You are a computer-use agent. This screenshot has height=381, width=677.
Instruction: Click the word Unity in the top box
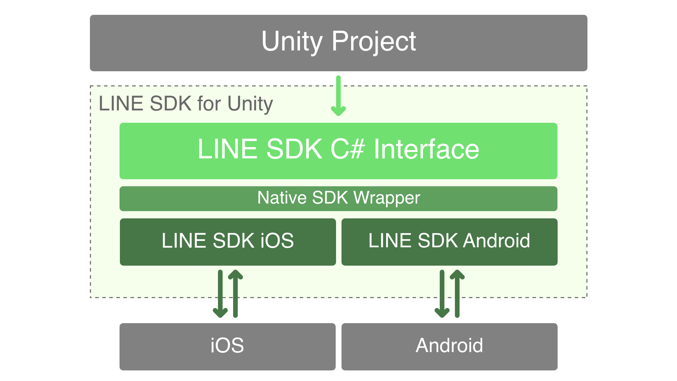coord(292,42)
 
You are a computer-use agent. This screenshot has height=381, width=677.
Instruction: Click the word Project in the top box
coord(374,42)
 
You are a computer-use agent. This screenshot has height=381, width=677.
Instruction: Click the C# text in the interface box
coord(347,149)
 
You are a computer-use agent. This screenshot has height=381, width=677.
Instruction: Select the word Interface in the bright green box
coord(426,149)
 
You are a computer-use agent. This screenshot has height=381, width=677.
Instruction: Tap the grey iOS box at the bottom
coord(227,346)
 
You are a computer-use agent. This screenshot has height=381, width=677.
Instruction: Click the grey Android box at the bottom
coord(449,346)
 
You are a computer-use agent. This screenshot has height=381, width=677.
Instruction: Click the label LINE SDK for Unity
coord(185,104)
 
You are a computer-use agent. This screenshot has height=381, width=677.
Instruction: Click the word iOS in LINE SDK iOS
coord(277,241)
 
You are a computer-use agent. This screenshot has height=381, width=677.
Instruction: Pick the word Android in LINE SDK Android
coord(496,241)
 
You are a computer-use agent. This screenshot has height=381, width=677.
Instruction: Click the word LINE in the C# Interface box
coord(227,149)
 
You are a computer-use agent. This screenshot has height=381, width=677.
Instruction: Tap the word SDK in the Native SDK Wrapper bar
coord(330,198)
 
